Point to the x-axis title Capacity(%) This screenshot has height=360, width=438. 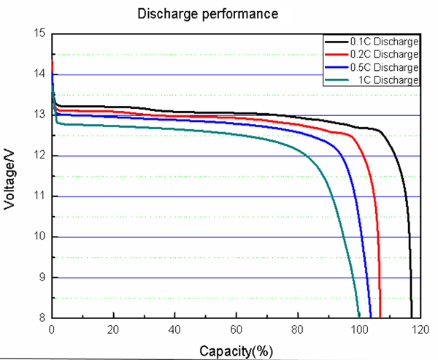pyautogui.click(x=236, y=351)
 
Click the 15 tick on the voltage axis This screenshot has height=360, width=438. pyautogui.click(x=39, y=34)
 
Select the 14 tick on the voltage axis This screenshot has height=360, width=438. pyautogui.click(x=39, y=74)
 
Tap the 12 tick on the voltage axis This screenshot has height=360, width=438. pyautogui.click(x=39, y=156)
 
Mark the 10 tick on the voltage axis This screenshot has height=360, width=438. pyautogui.click(x=39, y=237)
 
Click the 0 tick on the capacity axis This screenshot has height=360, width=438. pyautogui.click(x=52, y=329)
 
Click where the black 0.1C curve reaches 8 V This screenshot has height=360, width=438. pyautogui.click(x=412, y=317)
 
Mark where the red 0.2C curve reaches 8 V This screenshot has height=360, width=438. pyautogui.click(x=380, y=317)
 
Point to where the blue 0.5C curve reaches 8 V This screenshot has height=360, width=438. pyautogui.click(x=371, y=317)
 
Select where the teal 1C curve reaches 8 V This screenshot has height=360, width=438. pyautogui.click(x=359, y=317)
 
